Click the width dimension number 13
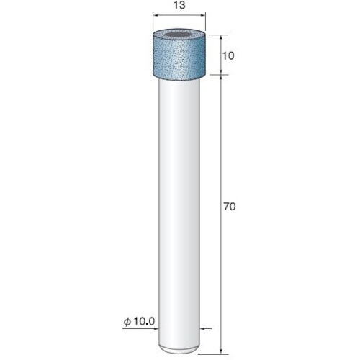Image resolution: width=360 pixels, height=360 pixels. pos(179,5)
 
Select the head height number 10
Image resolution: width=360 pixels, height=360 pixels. pos(228,56)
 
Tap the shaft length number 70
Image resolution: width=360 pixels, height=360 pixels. pos(230,207)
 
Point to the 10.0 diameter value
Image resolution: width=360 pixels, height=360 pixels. pos(144,321)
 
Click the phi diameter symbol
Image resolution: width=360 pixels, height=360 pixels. pos(127,322)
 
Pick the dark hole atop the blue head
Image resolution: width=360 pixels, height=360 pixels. pos(179,36)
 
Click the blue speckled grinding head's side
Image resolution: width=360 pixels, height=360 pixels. pos(179,59)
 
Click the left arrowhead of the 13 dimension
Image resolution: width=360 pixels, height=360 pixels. pos(156,16)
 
